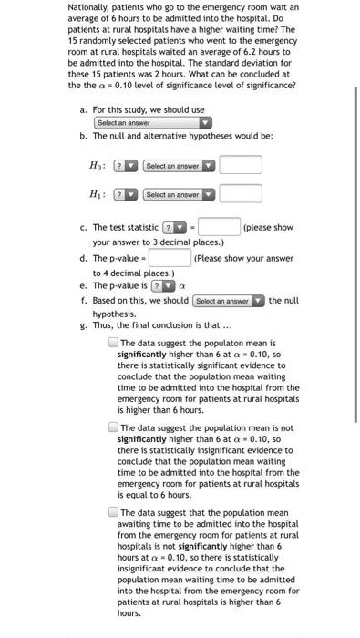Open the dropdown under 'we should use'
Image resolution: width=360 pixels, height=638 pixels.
pyautogui.click(x=152, y=122)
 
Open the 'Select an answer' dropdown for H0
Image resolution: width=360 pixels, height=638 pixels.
pyautogui.click(x=179, y=165)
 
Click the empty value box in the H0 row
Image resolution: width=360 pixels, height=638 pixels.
pyautogui.click(x=240, y=165)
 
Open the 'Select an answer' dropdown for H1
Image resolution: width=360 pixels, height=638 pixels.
pyautogui.click(x=179, y=194)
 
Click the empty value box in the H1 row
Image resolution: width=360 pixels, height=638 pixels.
pyautogui.click(x=240, y=194)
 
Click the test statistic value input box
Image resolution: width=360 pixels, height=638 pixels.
pyautogui.click(x=219, y=227)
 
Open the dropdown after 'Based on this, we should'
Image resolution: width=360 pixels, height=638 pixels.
pyautogui.click(x=228, y=300)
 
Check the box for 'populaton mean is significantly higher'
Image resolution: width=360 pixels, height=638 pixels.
pyautogui.click(x=112, y=343)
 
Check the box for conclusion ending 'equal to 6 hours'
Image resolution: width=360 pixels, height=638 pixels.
pyautogui.click(x=112, y=427)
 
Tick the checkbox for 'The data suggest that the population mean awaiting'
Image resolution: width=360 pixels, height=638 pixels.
pyautogui.click(x=112, y=512)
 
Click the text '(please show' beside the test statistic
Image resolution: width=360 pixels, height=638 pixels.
pyautogui.click(x=268, y=227)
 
